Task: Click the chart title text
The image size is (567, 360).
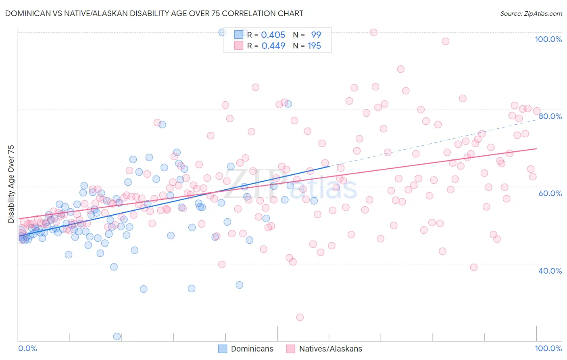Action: (x=154, y=13)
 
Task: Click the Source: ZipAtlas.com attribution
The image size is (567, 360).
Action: (x=531, y=13)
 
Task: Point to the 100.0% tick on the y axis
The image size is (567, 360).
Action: (x=548, y=39)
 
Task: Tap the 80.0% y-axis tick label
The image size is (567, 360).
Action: (x=550, y=116)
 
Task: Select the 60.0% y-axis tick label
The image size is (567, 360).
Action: (x=550, y=193)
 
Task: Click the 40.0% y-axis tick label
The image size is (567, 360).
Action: (x=550, y=271)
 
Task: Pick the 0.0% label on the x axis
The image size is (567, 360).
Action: (x=28, y=348)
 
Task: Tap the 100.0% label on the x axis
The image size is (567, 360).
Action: (x=548, y=348)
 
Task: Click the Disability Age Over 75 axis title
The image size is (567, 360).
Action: (x=11, y=184)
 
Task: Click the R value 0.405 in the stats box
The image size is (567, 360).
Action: (x=273, y=35)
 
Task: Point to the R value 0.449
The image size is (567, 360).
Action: (x=273, y=46)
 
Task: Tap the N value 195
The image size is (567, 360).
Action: (x=314, y=46)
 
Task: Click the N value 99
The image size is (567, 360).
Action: (x=316, y=35)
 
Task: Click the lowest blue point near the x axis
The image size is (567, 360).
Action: (x=117, y=337)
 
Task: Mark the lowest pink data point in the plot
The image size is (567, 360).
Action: (x=300, y=317)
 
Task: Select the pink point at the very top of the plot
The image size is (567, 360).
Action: (x=373, y=32)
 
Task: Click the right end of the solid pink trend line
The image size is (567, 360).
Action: (x=536, y=149)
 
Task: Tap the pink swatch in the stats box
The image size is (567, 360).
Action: (x=239, y=46)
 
